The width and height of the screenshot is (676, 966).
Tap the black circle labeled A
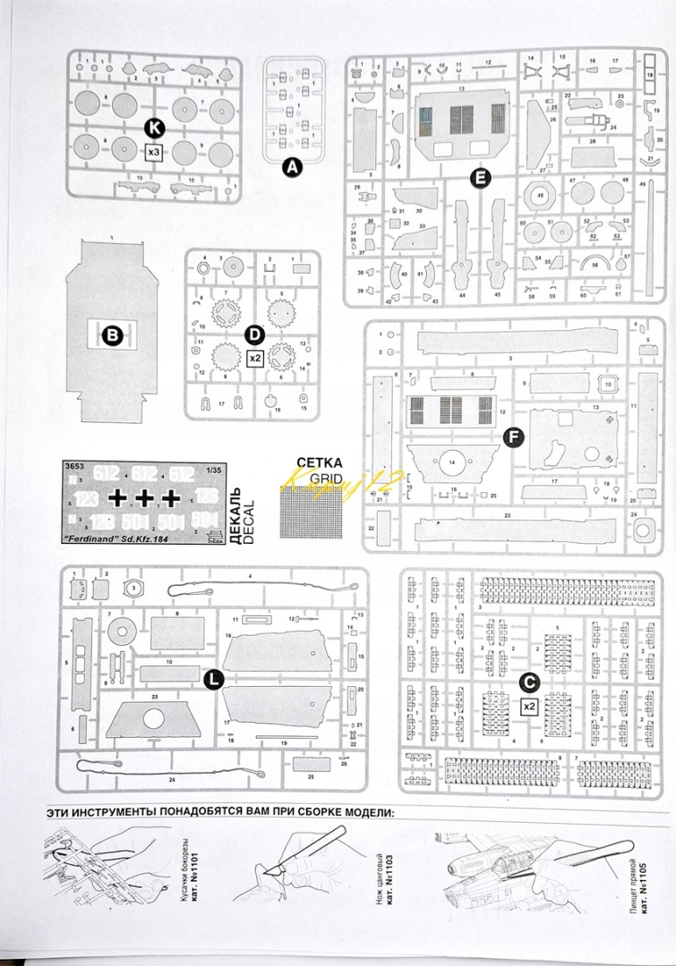point(292,166)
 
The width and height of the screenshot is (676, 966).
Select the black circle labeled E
point(481,177)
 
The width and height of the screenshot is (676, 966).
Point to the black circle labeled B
point(113,335)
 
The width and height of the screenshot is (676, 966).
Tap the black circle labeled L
point(213,681)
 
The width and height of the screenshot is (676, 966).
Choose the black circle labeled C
point(530,682)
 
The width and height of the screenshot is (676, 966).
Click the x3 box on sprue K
point(153,152)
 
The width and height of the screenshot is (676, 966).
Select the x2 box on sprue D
point(254,358)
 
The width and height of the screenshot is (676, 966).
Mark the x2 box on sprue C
point(530,705)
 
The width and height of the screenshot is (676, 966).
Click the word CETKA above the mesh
point(319,463)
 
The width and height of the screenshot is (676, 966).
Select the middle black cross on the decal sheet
point(145,497)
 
